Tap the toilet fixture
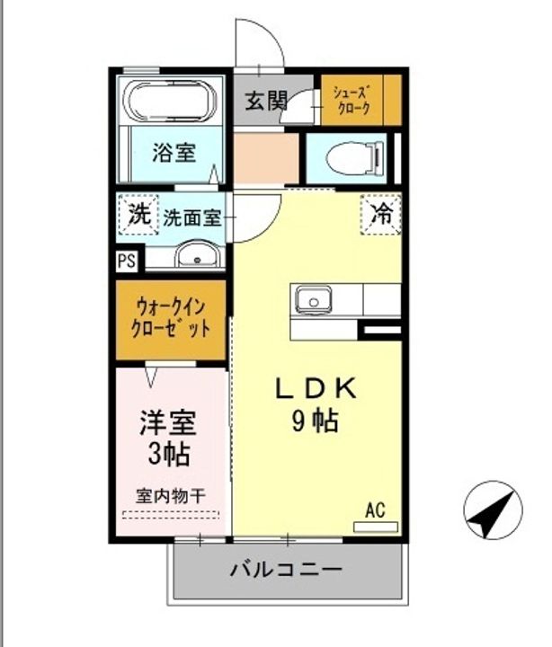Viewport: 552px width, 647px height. point(355,157)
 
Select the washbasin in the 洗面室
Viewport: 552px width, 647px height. point(198,254)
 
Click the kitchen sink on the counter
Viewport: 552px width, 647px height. point(314,301)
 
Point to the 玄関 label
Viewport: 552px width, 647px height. point(266,101)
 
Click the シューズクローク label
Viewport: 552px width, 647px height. point(353,101)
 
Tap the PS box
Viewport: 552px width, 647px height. point(127,261)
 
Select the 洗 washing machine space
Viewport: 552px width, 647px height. point(138,215)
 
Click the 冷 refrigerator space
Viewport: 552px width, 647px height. point(381,215)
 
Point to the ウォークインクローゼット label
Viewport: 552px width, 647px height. point(171,318)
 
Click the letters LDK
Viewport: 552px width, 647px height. point(316,389)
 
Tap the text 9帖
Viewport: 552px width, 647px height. point(316,421)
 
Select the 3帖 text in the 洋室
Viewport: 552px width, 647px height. point(169,455)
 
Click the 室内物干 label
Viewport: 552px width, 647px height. point(171,496)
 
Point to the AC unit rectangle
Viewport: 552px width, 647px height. point(376,527)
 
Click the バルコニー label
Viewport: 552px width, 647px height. point(286,570)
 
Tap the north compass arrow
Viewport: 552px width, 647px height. point(493,510)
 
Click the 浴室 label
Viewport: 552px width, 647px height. point(174,153)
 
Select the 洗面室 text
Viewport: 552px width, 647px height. point(192,217)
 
